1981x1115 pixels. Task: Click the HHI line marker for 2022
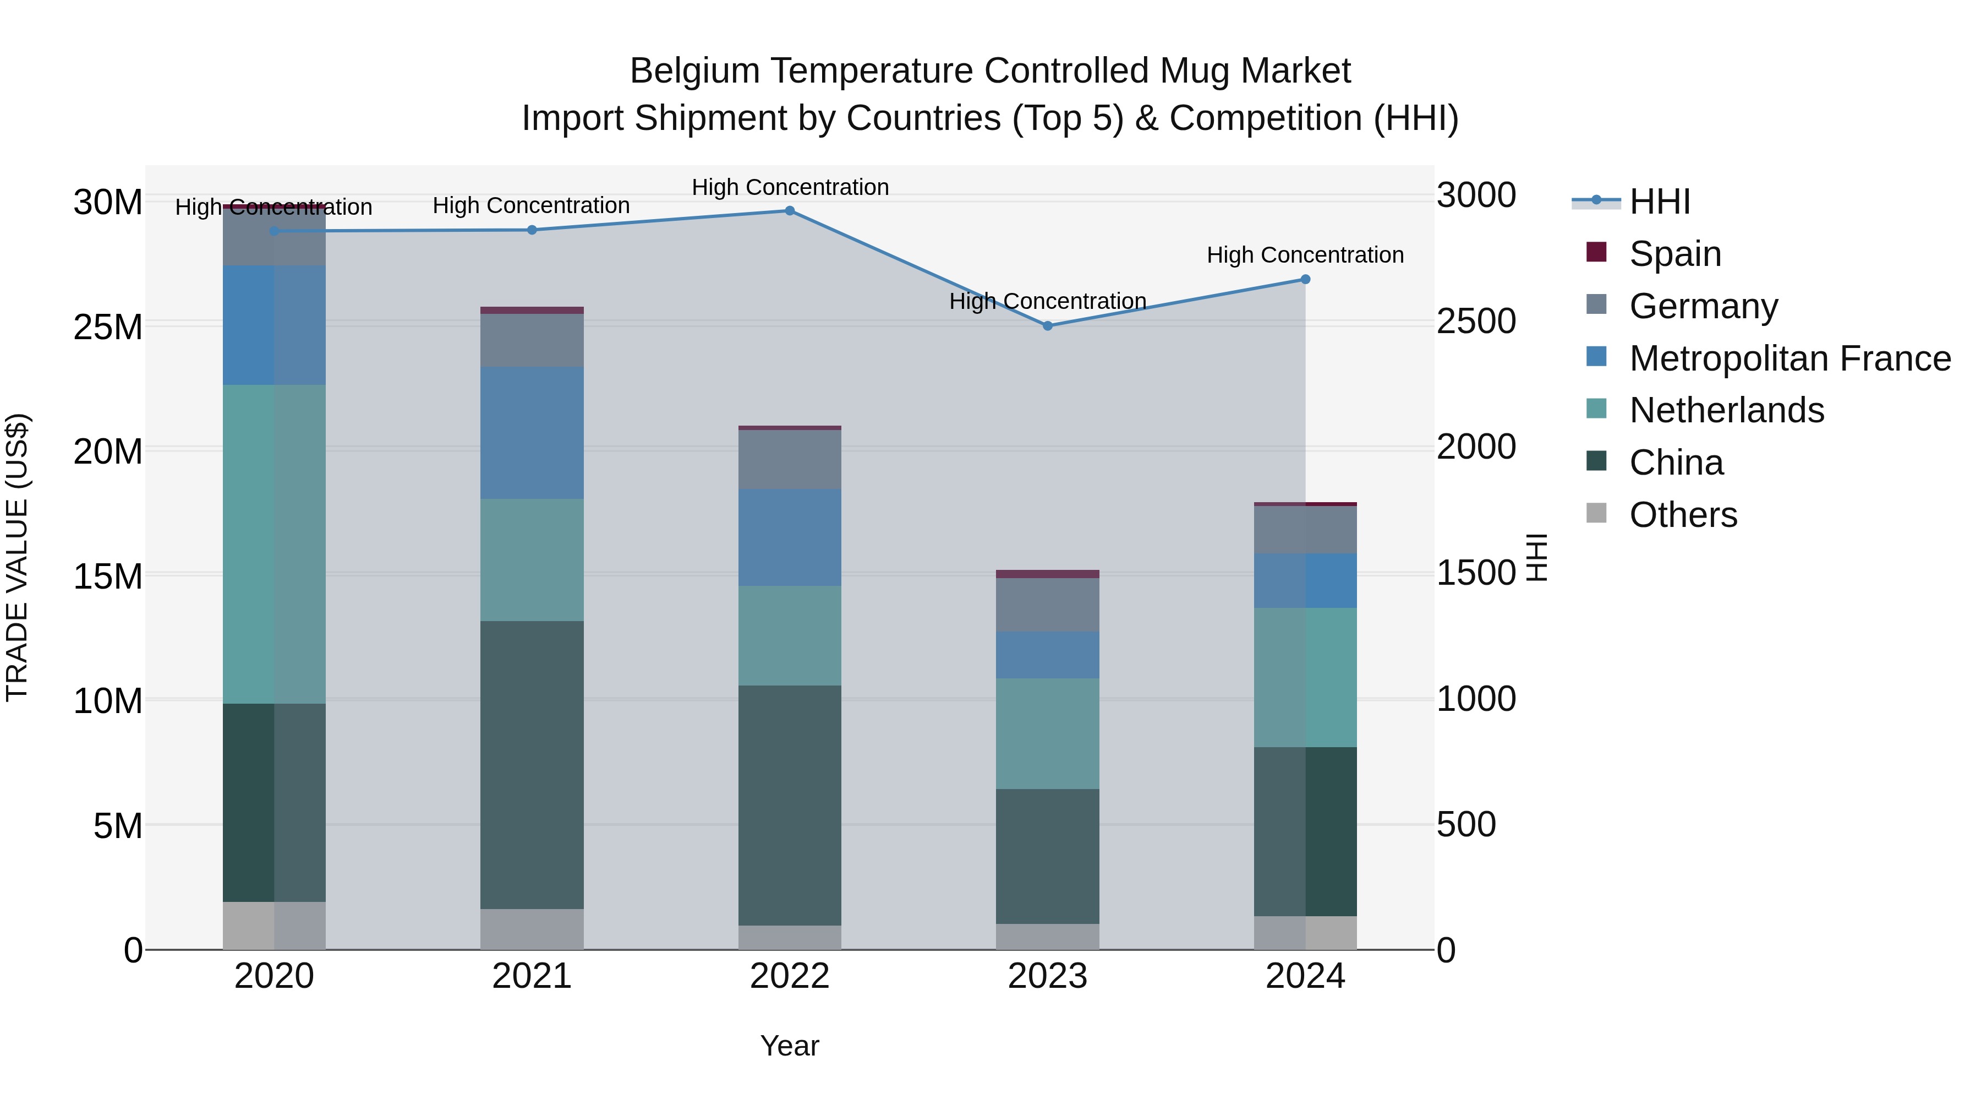pos(789,211)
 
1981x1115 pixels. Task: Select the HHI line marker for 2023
pos(1047,325)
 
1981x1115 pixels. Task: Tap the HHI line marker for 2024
pos(1305,279)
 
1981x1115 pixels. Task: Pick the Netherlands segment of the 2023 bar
pos(1047,733)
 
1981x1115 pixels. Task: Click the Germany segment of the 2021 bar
pos(532,340)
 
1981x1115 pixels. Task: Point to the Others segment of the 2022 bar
pos(789,937)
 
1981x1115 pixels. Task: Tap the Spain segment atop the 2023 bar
pos(1047,574)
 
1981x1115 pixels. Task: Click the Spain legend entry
pos(1675,253)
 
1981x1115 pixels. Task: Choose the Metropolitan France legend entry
pos(1790,358)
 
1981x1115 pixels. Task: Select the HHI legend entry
pos(1660,202)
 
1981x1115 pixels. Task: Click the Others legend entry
pos(1683,514)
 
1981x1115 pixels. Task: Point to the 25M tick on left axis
pos(108,327)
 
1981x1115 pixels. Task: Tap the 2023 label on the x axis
pos(1047,976)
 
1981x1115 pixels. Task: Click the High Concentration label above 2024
pos(1305,255)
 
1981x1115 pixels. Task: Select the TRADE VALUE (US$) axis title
pos(17,557)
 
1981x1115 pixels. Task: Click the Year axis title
pos(789,1046)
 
